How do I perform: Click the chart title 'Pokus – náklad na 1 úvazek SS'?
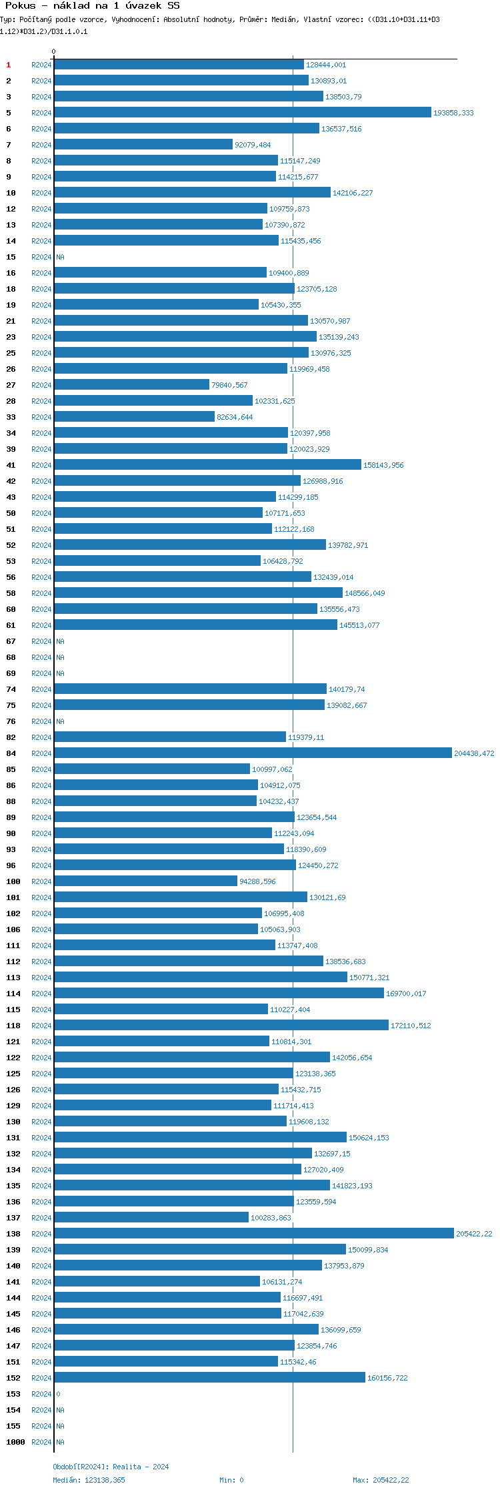[92, 6]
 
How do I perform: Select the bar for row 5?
[243, 113]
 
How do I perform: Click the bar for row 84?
[253, 753]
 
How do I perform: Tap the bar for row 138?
[253, 1234]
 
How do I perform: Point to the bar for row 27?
[131, 385]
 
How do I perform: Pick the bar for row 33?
[134, 417]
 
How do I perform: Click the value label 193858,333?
[453, 113]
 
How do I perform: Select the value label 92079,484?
[253, 145]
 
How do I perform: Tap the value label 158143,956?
[383, 465]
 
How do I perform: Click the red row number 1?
[9, 65]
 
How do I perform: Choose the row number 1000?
[15, 1442]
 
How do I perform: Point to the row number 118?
[13, 1026]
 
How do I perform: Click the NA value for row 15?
[60, 257]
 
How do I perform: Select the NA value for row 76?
[60, 721]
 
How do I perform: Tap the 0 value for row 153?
[58, 1394]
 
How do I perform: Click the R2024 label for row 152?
[41, 1378]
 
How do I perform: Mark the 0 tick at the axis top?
[54, 51]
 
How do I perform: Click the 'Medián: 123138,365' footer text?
[89, 1480]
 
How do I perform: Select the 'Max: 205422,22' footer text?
[381, 1480]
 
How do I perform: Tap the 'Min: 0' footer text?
[231, 1480]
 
